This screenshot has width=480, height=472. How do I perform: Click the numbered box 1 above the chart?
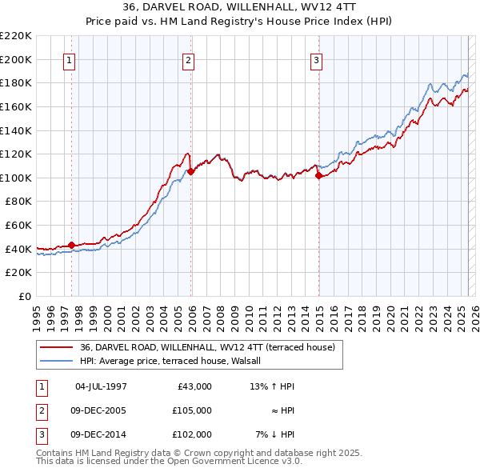[69, 60]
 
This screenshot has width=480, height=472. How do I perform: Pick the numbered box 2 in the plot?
[188, 60]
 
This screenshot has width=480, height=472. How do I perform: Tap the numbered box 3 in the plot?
[316, 60]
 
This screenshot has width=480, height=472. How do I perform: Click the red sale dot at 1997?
[72, 245]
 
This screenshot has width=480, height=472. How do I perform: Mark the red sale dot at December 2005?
[191, 171]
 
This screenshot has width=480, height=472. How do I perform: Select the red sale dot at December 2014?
[318, 175]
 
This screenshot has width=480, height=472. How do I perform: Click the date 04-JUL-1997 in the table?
[101, 386]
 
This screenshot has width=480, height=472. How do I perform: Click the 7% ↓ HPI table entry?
[275, 434]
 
